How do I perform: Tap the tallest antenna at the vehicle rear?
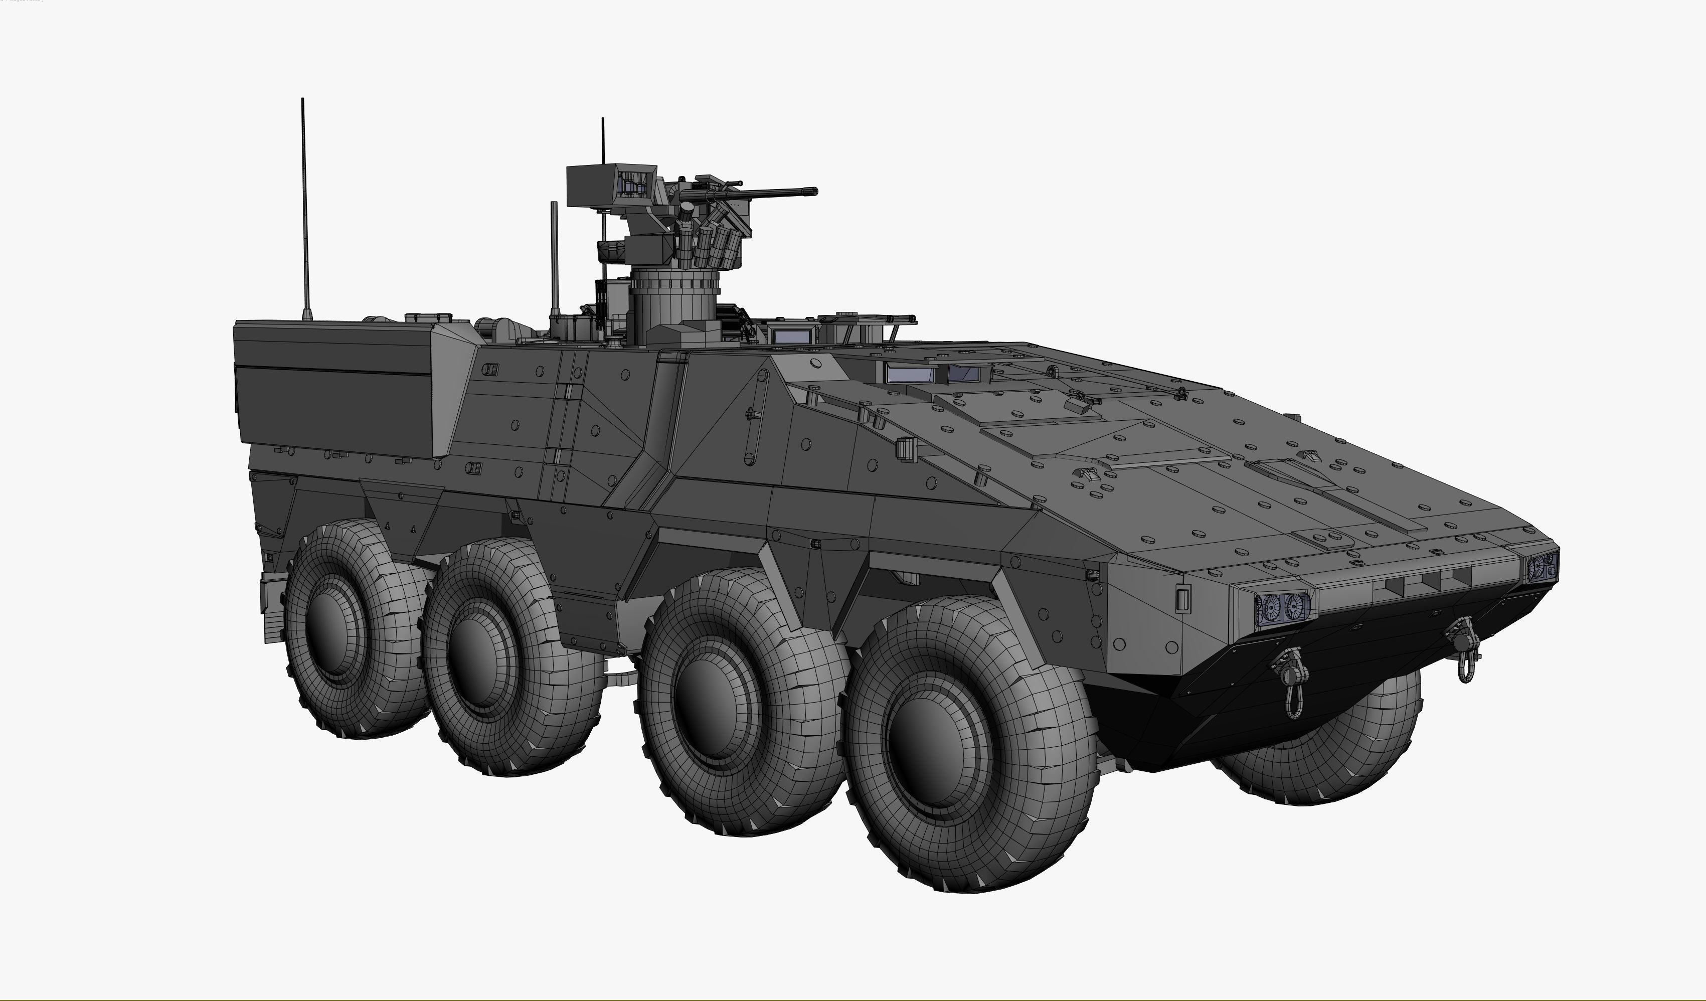tap(304, 203)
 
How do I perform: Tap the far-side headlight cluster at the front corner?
tap(1542, 566)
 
